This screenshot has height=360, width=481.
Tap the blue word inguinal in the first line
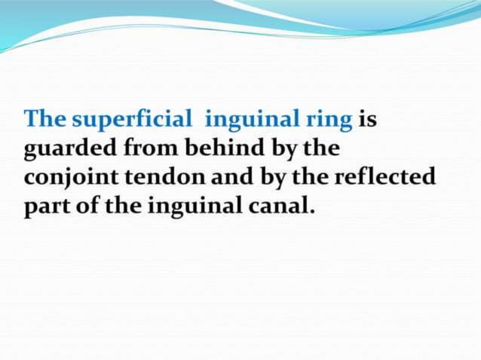(x=245, y=121)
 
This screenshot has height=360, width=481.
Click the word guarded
(x=69, y=149)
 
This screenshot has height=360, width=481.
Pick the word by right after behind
(x=283, y=149)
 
